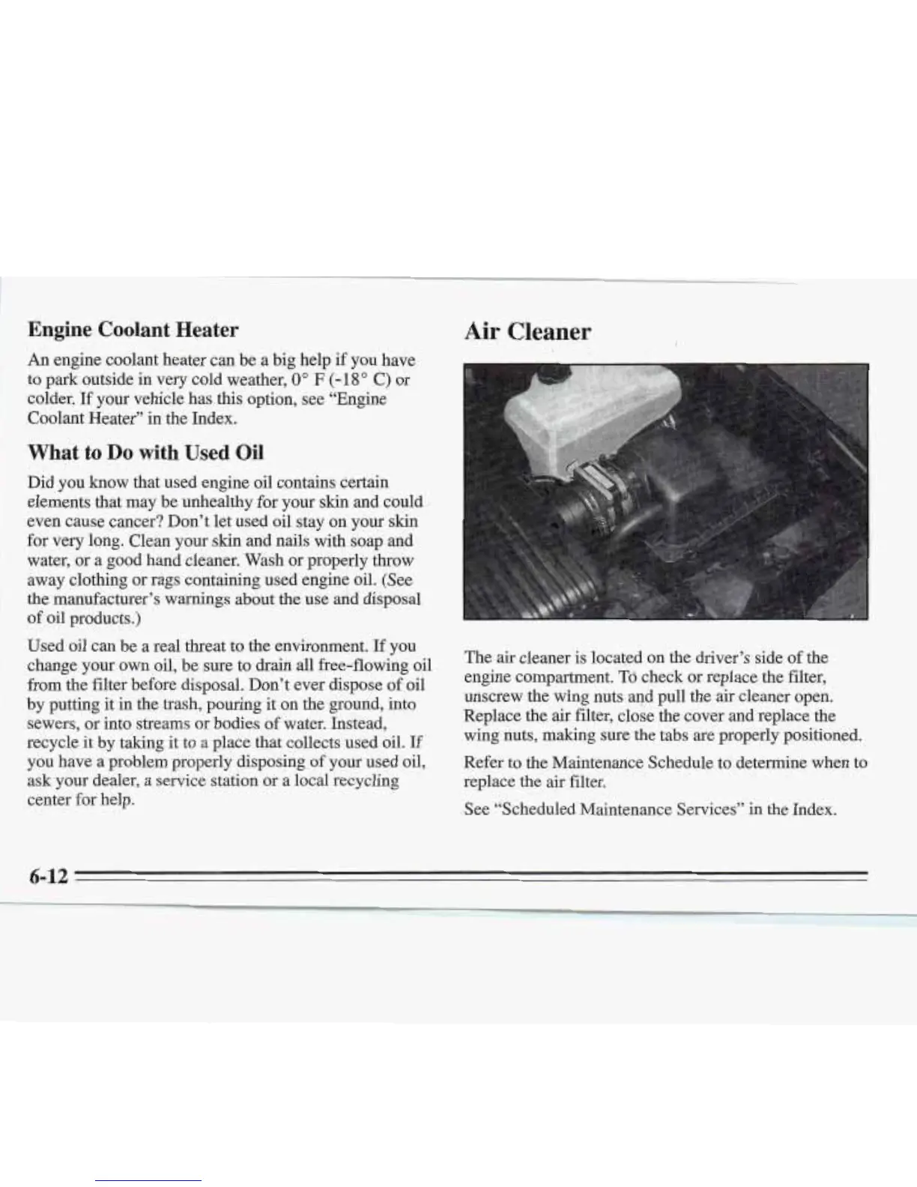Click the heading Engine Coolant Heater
coord(133,330)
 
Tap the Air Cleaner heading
coord(527,331)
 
